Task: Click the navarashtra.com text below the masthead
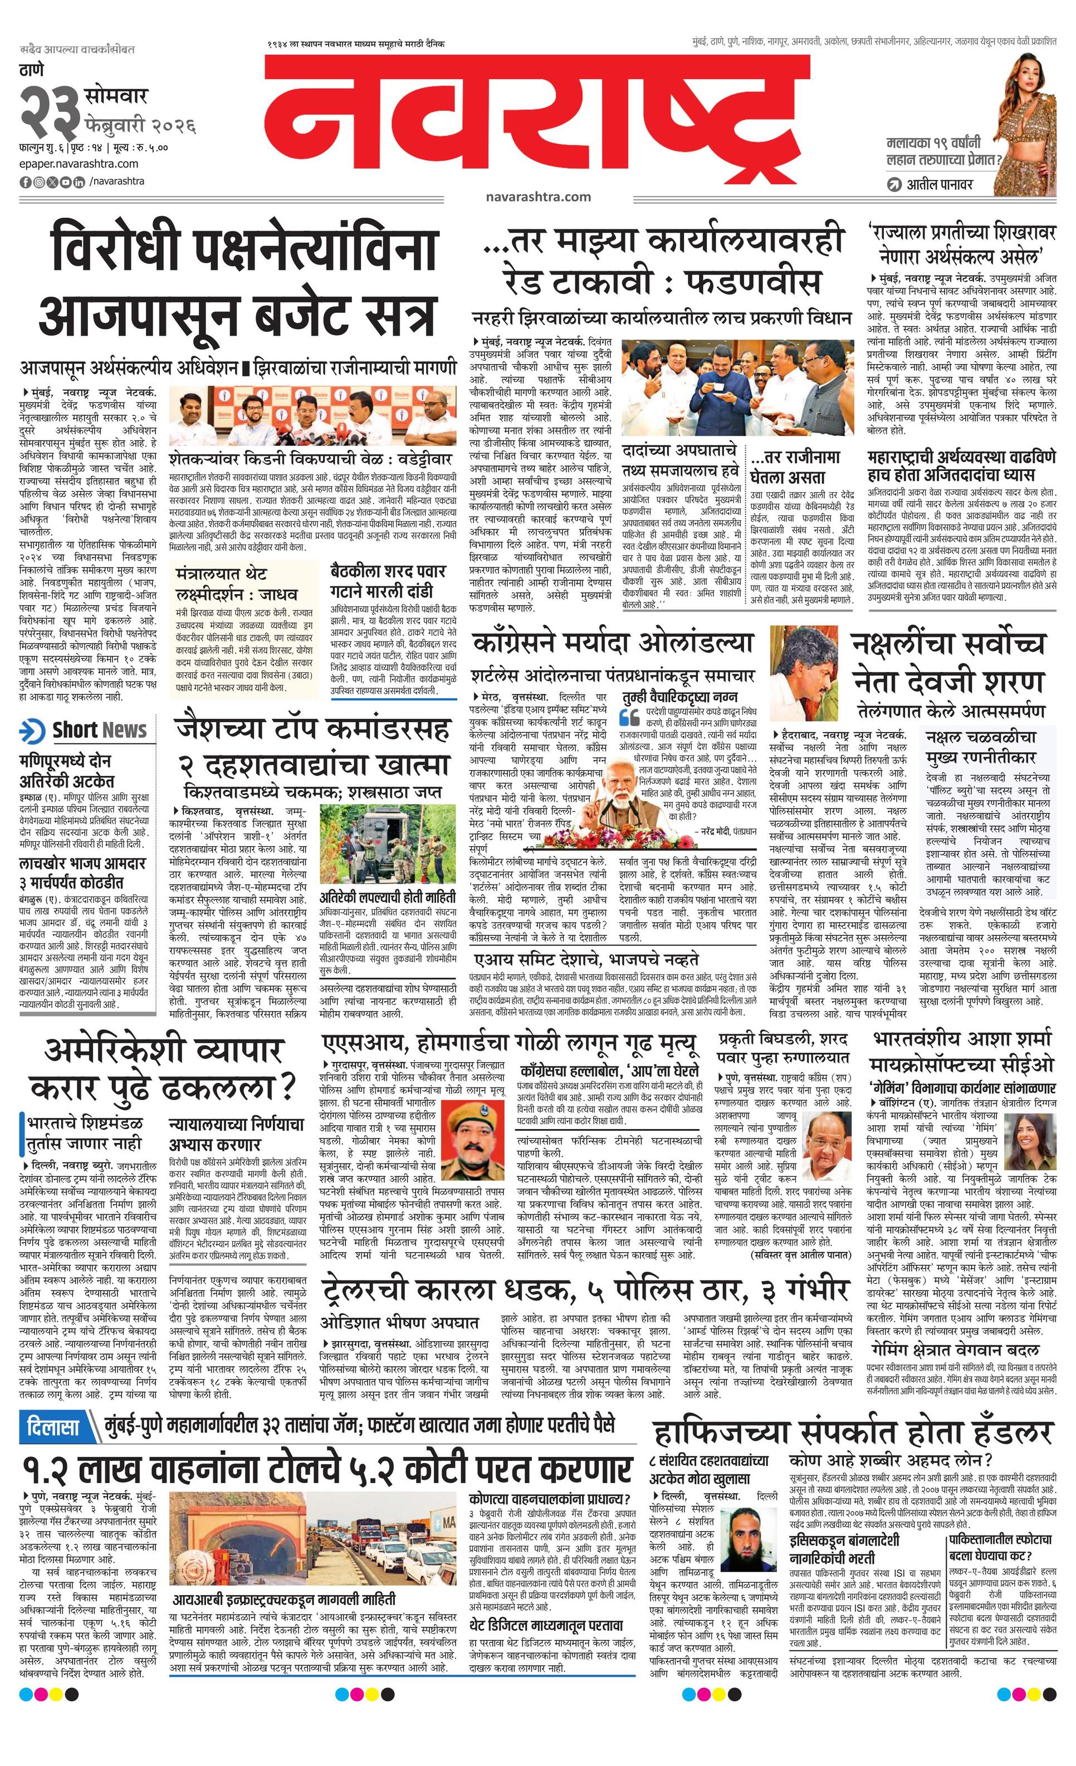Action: (537, 197)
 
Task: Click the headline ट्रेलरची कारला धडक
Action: (584, 1289)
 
